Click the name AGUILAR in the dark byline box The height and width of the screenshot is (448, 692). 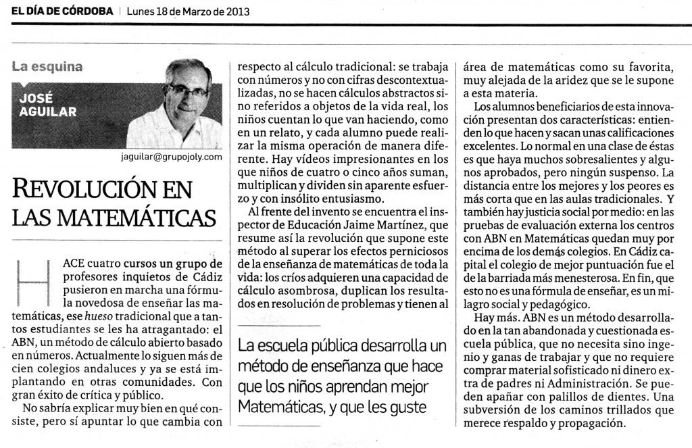pos(47,112)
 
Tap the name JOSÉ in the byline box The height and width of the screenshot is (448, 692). pos(39,98)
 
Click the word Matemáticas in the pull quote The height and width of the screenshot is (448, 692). pos(276,407)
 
